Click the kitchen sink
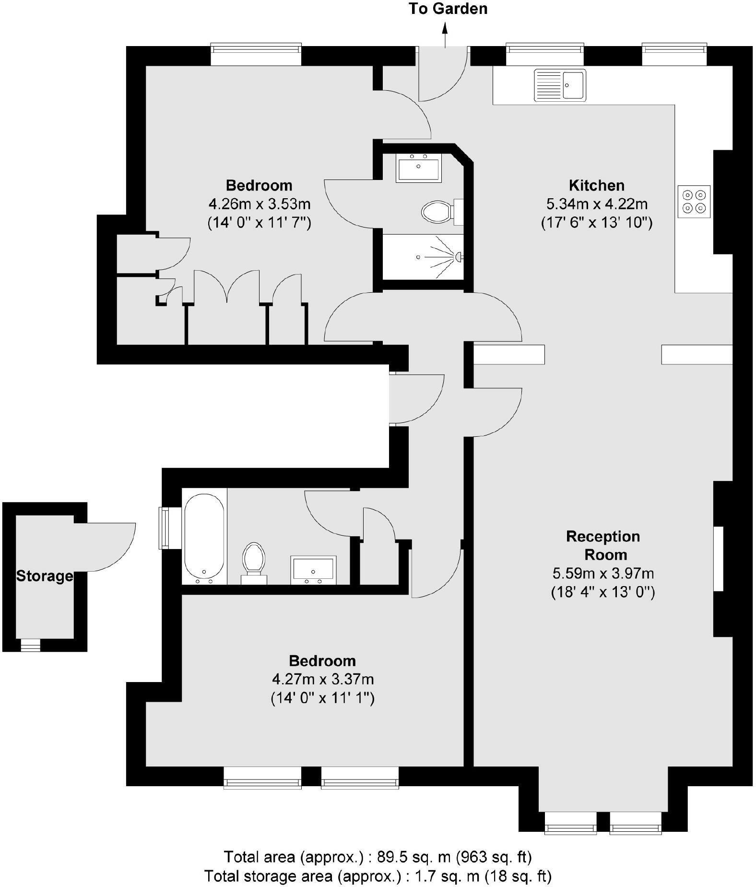(560, 85)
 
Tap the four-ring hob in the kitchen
(694, 202)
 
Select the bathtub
(204, 537)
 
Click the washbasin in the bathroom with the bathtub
(313, 570)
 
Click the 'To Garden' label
(448, 9)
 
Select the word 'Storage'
(45, 576)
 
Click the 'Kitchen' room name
(597, 185)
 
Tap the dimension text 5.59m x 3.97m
(603, 574)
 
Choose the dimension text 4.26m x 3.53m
(260, 204)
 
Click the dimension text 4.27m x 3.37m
(323, 680)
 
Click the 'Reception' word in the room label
(603, 536)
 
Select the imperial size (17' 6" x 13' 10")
(597, 223)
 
